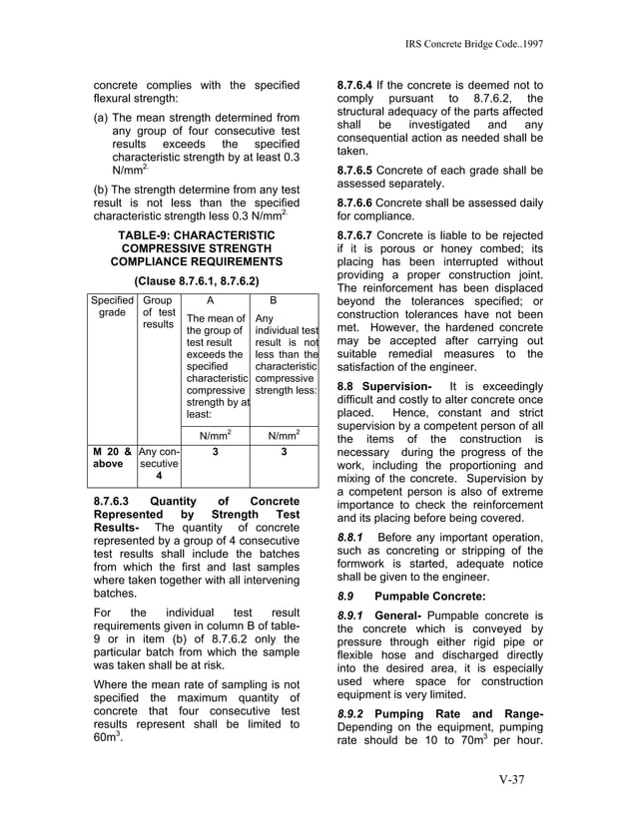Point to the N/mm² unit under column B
click(285, 435)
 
